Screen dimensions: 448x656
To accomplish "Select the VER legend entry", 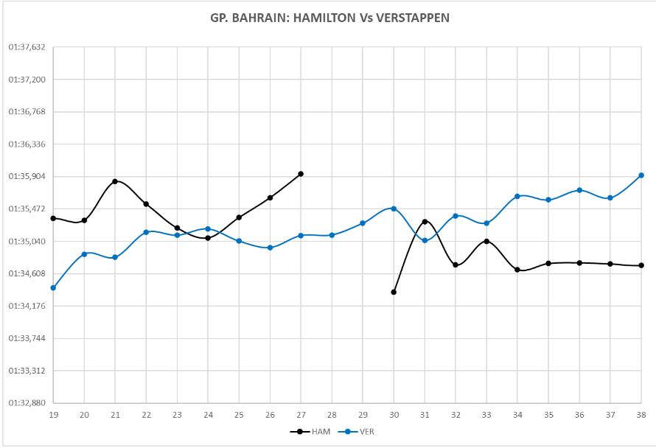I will (x=365, y=431).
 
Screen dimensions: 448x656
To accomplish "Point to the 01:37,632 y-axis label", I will (x=27, y=47).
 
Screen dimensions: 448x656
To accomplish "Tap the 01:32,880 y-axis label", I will (x=27, y=403).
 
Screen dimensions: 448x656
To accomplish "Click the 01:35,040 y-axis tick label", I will (x=27, y=242).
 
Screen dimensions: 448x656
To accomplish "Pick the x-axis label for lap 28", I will (x=332, y=416).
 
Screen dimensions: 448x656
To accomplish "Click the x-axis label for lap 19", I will (x=53, y=416).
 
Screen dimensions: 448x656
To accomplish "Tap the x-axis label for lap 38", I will (x=641, y=416).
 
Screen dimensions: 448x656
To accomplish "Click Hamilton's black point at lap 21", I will (x=115, y=181).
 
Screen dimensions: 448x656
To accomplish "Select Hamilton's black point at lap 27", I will (x=301, y=174).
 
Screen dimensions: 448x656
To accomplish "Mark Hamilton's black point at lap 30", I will (x=394, y=293).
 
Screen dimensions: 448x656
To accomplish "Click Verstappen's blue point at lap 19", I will (x=53, y=288).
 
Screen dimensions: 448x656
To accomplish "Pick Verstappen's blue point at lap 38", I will (x=641, y=175).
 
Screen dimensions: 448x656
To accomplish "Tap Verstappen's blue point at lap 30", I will (x=394, y=209).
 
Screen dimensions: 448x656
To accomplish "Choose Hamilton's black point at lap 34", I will (x=517, y=270).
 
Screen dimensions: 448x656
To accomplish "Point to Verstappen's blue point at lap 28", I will (x=332, y=235).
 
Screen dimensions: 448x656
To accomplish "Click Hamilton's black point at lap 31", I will (x=425, y=221).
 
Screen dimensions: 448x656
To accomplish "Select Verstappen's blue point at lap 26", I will (x=270, y=248).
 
